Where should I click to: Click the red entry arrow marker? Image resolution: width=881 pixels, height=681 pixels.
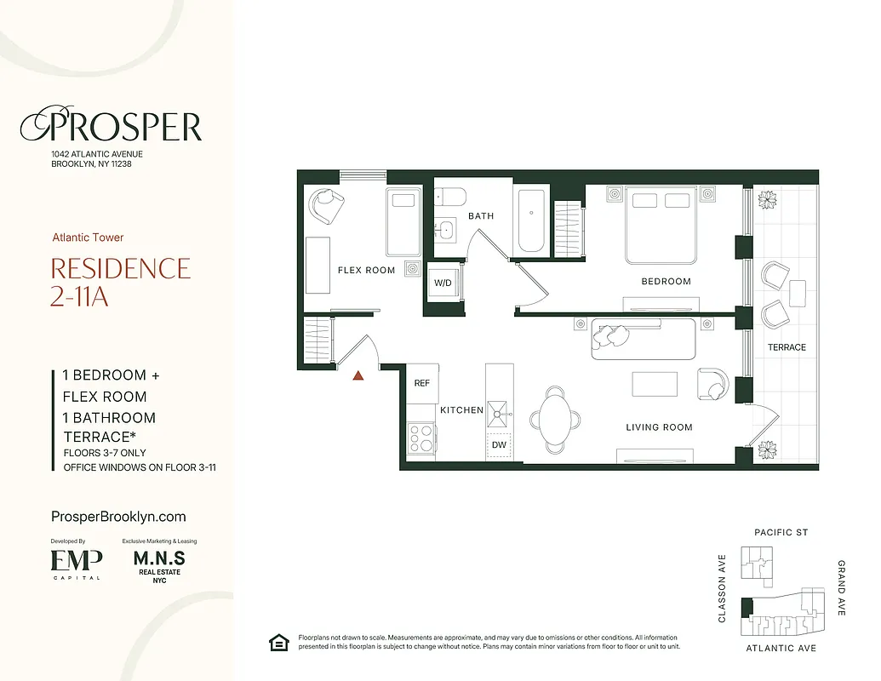[359, 374]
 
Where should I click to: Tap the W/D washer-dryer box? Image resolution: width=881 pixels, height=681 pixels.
[443, 283]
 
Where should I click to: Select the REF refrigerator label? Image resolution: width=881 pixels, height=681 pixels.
[422, 383]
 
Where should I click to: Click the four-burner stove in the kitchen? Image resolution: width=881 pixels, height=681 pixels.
[420, 438]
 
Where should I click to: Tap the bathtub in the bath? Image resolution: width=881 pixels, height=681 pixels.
[531, 220]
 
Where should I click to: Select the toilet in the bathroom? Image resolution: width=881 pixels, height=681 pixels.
[449, 197]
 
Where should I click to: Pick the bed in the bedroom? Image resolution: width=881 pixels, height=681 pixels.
[661, 224]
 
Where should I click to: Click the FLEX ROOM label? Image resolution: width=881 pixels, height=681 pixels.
[366, 271]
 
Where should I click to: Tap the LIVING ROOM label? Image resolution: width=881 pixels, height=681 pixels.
[659, 427]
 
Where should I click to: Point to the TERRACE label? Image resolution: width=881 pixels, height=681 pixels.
[787, 347]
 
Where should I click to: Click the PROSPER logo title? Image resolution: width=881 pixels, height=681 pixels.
[111, 127]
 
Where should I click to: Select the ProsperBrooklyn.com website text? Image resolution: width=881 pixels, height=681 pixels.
[118, 517]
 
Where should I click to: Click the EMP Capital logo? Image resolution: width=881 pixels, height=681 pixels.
[77, 562]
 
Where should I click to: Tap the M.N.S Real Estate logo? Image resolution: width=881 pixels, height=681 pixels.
[159, 563]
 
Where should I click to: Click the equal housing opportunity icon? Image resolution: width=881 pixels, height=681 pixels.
[277, 642]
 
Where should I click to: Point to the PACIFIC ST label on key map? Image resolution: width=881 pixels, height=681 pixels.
[781, 533]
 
